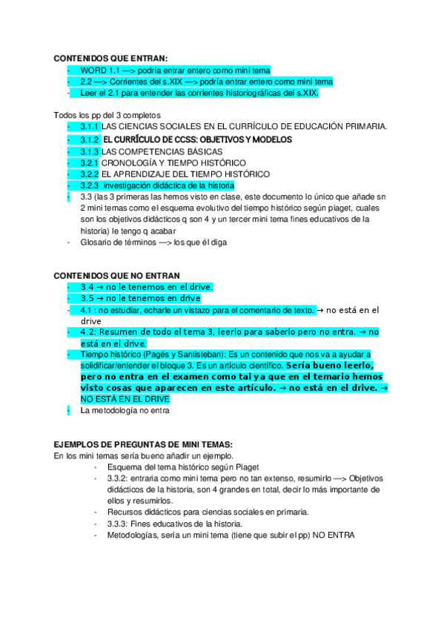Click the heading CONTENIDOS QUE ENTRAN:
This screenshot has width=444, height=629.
pos(111,58)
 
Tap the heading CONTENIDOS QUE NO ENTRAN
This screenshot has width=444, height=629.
pos(117,275)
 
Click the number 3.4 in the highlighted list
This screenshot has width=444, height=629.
pos(87,287)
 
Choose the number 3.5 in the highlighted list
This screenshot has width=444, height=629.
pos(87,298)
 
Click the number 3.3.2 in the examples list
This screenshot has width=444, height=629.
pos(119,478)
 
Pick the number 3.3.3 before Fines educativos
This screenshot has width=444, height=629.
pos(119,524)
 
